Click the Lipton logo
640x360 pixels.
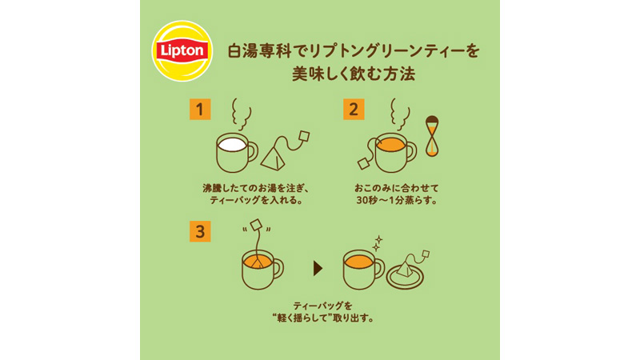(x=182, y=51)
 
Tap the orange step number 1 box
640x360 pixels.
(x=200, y=110)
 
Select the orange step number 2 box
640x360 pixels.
(x=354, y=110)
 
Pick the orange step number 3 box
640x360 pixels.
(x=200, y=231)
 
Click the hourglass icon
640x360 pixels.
(x=432, y=136)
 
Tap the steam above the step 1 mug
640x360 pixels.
(x=241, y=114)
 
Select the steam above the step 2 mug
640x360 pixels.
(x=399, y=114)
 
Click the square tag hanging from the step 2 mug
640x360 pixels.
(x=363, y=164)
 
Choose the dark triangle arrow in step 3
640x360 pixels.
(x=318, y=269)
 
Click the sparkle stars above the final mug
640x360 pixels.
(x=378, y=243)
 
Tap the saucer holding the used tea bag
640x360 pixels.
(x=405, y=278)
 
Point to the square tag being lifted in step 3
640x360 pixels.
(x=256, y=226)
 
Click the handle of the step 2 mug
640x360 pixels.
(x=411, y=152)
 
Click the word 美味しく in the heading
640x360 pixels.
(x=323, y=74)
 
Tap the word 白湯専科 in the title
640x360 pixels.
(x=259, y=51)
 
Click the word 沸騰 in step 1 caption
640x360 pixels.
(x=213, y=188)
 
